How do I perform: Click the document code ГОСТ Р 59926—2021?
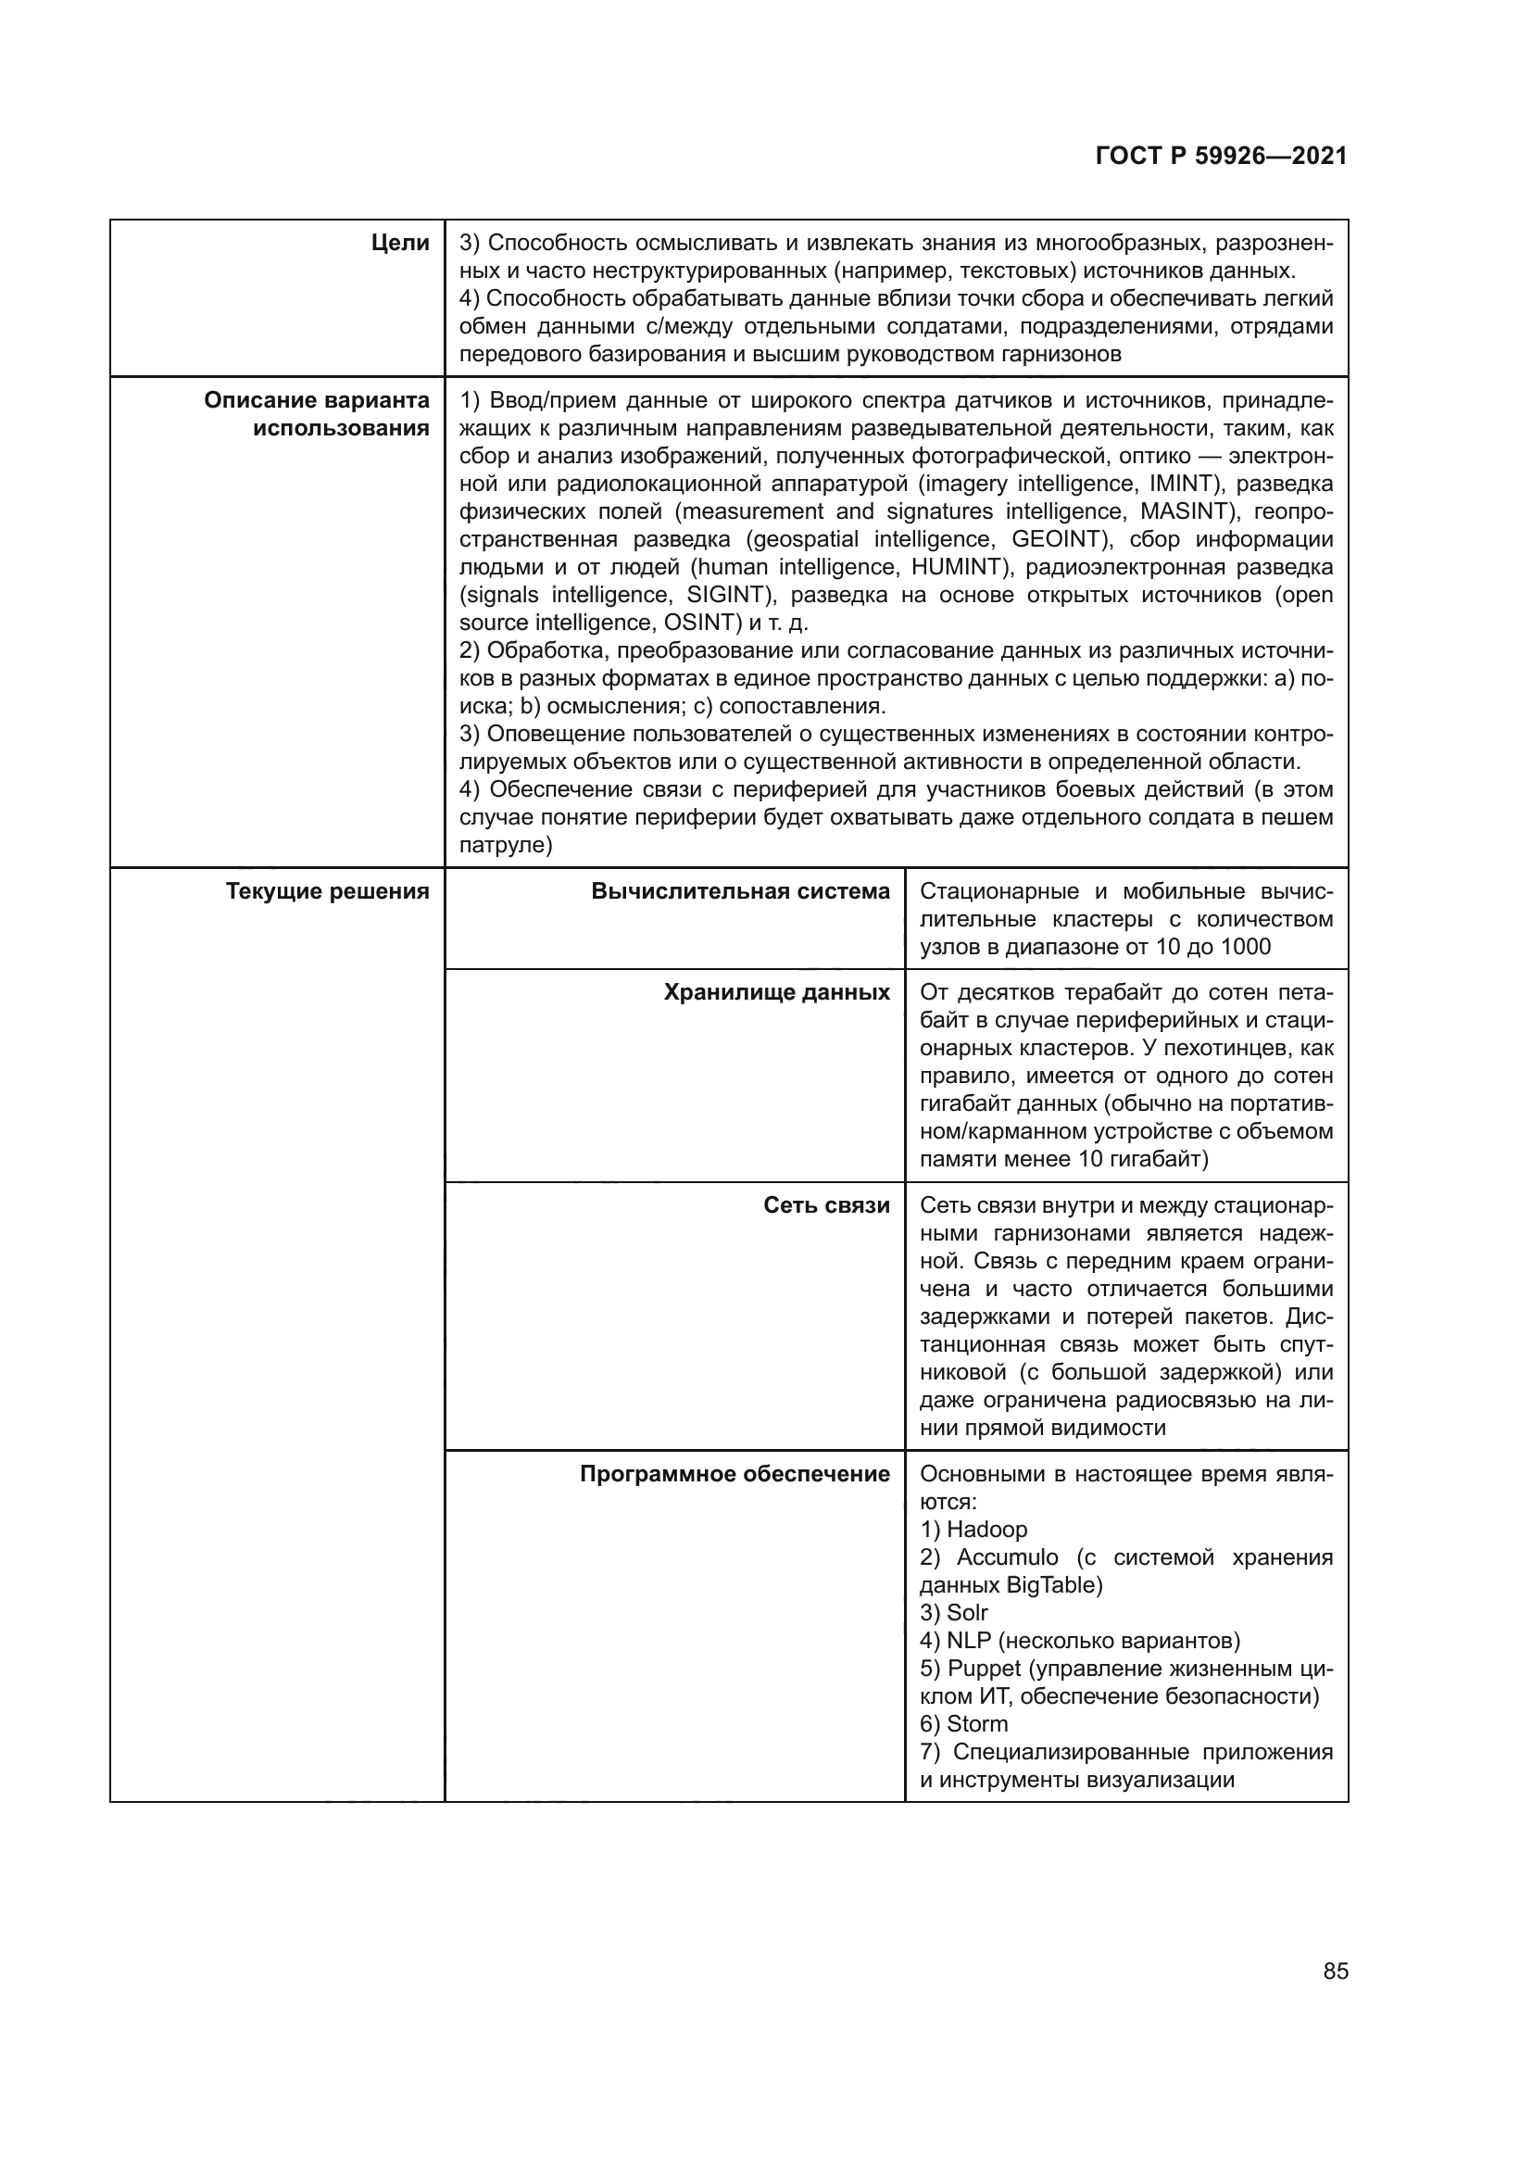[1221, 157]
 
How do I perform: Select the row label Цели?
[400, 244]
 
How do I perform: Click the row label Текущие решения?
[327, 891]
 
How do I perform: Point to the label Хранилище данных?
[776, 992]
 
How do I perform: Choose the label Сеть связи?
[826, 1205]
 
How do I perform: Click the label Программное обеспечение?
[734, 1474]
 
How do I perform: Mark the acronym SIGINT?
[728, 595]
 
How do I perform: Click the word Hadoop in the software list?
[986, 1529]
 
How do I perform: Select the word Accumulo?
[1007, 1557]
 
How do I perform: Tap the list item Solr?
[967, 1613]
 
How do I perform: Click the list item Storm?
[977, 1723]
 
